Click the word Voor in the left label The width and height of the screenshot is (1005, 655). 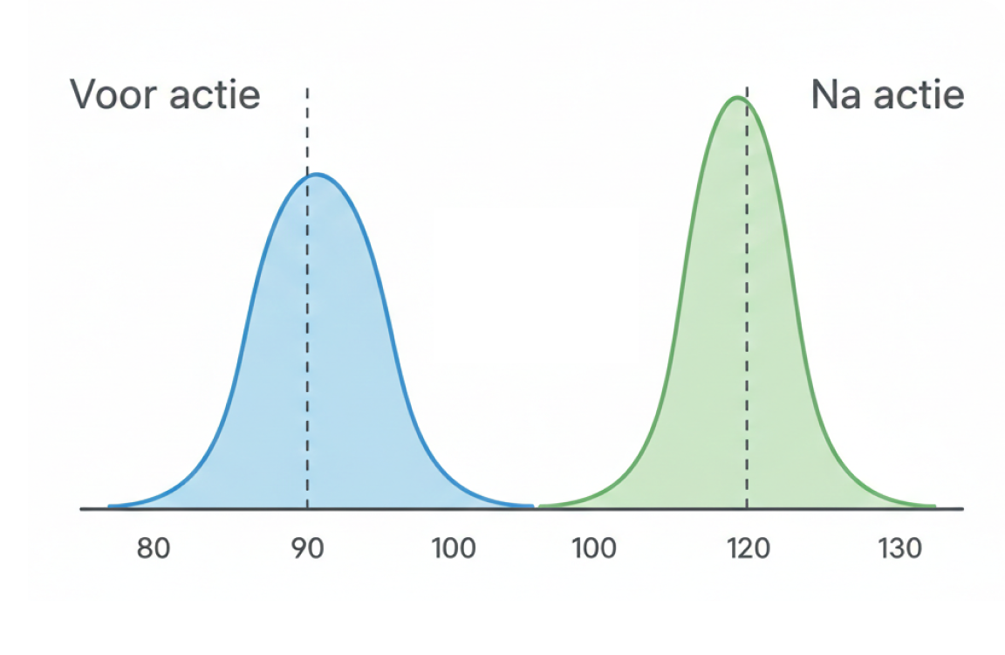[x=113, y=95]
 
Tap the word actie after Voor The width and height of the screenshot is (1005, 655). [x=215, y=95]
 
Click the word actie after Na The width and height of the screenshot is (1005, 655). [x=919, y=95]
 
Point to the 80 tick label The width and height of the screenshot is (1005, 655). [x=154, y=548]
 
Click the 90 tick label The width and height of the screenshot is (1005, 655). [x=308, y=548]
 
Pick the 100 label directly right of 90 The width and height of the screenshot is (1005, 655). [x=454, y=548]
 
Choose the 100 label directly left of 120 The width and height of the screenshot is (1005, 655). [x=594, y=548]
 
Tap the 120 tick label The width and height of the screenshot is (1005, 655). [x=748, y=548]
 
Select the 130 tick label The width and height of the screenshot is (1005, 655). [x=900, y=548]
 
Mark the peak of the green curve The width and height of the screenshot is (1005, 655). [x=738, y=98]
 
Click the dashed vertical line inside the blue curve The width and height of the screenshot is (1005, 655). [x=307, y=299]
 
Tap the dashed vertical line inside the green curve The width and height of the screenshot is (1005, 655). [x=747, y=299]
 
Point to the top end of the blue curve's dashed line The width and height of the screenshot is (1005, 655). [x=307, y=88]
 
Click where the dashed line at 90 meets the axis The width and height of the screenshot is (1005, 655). [x=307, y=509]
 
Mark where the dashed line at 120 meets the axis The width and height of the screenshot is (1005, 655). [x=747, y=509]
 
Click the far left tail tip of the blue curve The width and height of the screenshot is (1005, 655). [x=109, y=507]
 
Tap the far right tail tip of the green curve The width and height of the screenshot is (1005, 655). [x=935, y=507]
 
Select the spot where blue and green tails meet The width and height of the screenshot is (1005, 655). [x=537, y=507]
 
